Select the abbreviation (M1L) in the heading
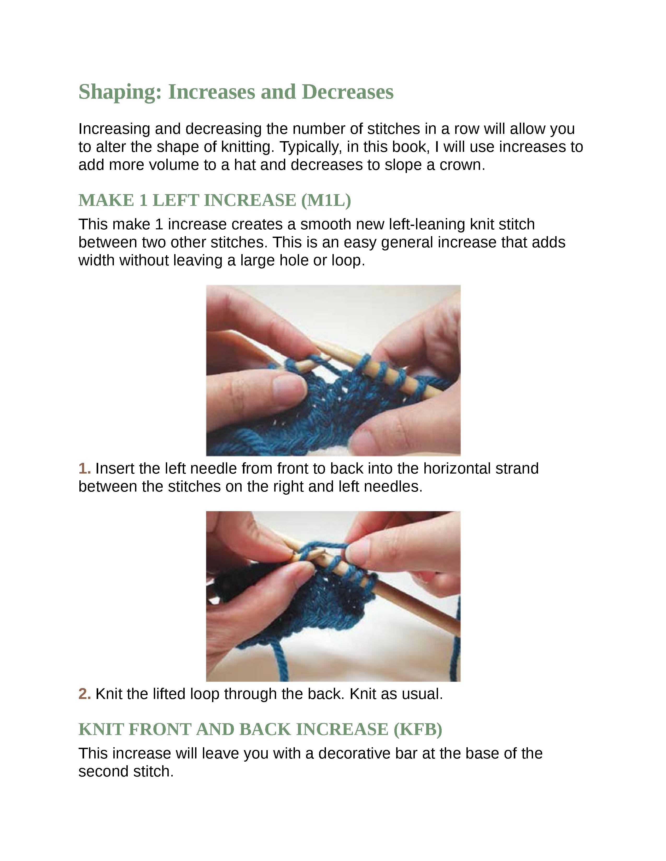(326, 200)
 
